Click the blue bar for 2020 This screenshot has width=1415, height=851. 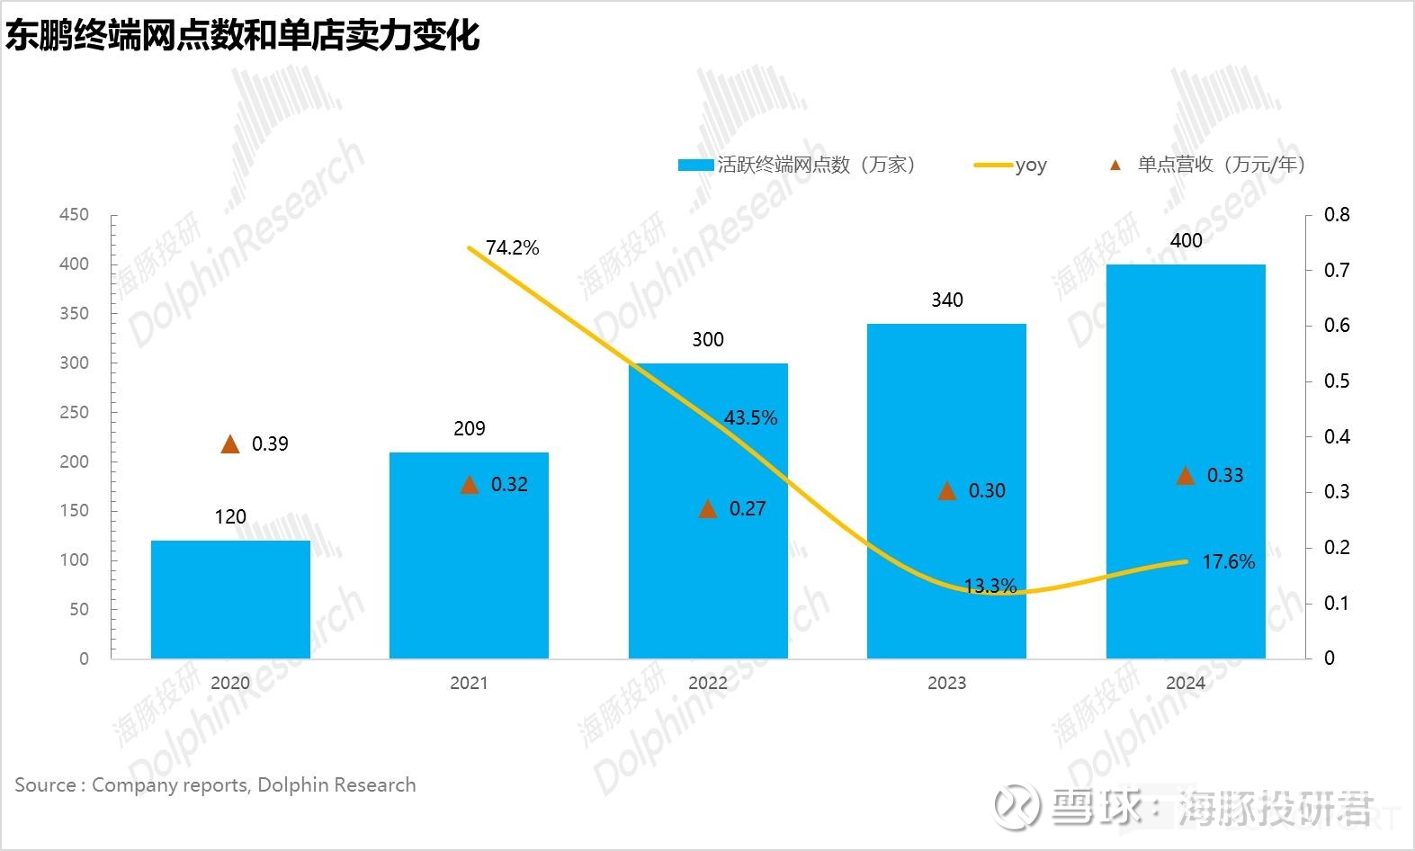(x=230, y=599)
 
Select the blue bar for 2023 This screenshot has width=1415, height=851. (x=946, y=491)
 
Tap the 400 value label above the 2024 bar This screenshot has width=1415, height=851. (x=1186, y=241)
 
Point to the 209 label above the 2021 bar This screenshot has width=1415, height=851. (x=469, y=429)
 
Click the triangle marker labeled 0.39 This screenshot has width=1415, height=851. (x=230, y=443)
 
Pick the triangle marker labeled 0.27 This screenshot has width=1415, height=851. (x=708, y=509)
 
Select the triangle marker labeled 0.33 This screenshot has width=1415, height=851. (x=1186, y=476)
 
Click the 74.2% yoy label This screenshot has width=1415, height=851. (x=512, y=248)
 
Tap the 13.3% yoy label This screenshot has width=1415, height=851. (x=990, y=587)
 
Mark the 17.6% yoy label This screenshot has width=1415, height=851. (x=1228, y=562)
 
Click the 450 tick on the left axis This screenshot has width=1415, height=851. (x=74, y=215)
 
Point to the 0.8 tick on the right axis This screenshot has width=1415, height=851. (x=1337, y=215)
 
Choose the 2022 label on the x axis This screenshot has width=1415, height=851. (x=708, y=683)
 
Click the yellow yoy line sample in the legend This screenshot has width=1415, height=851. (x=993, y=166)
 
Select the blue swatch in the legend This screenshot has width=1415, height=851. (x=696, y=166)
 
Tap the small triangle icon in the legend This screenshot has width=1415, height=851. (x=1115, y=166)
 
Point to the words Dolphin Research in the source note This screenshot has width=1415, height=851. (x=336, y=785)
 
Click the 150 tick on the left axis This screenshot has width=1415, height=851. (x=74, y=511)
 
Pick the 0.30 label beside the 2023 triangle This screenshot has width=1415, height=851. (x=987, y=491)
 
